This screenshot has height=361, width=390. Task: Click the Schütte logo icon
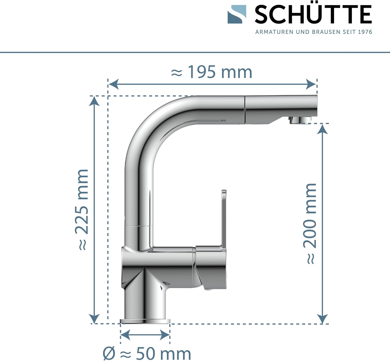[237, 14]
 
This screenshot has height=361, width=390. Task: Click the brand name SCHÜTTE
[313, 14]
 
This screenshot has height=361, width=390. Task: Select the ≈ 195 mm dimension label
[211, 72]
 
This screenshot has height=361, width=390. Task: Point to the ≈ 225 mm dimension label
[82, 210]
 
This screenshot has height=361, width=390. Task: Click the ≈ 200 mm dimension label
[310, 224]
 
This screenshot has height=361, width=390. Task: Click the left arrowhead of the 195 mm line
[114, 84]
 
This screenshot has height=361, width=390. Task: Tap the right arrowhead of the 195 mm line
[311, 84]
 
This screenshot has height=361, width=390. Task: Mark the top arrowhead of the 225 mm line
[94, 102]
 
